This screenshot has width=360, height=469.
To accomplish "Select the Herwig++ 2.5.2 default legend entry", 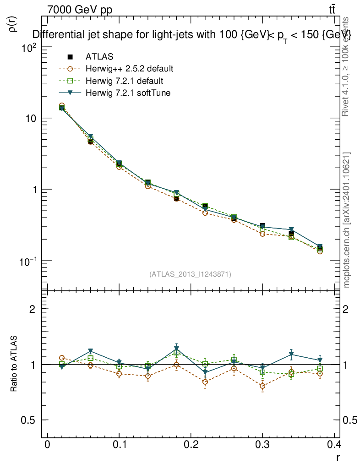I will [x=129, y=69].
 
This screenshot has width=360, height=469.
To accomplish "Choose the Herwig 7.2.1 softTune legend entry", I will [x=128, y=93].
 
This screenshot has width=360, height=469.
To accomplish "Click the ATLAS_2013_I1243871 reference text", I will [x=190, y=274].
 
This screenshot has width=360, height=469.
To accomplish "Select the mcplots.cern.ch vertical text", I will [x=347, y=220].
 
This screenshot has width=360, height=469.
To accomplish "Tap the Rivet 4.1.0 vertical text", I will [x=347, y=66].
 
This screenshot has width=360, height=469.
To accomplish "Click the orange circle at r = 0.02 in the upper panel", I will [x=61, y=106].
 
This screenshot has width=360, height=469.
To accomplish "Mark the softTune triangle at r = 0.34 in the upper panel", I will [x=291, y=229].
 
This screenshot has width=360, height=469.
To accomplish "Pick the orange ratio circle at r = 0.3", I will [x=262, y=386].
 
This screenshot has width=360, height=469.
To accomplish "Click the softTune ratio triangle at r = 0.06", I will [x=91, y=351].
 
